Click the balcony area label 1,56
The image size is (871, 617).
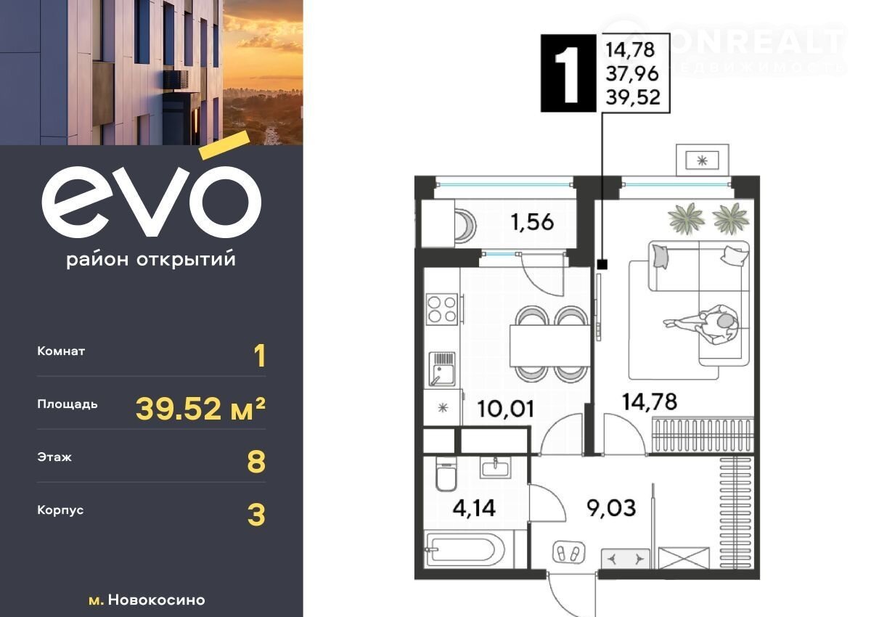(532, 222)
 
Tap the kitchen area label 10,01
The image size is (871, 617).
(505, 409)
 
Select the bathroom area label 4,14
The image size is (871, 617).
(474, 508)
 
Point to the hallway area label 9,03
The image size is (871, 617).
(611, 508)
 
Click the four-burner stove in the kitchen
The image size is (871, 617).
(442, 309)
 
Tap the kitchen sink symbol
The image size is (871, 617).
(442, 369)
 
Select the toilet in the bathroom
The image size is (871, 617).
(446, 474)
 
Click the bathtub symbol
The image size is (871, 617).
(465, 549)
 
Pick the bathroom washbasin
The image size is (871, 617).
(495, 467)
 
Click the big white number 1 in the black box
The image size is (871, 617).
(568, 73)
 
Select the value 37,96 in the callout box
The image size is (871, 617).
(632, 73)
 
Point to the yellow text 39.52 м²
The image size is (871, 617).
(200, 409)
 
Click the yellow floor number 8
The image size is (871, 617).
(256, 462)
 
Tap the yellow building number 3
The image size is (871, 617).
(256, 515)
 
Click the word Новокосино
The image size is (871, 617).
(157, 600)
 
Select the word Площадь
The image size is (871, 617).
(68, 405)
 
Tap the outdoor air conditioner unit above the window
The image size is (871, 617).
(703, 160)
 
